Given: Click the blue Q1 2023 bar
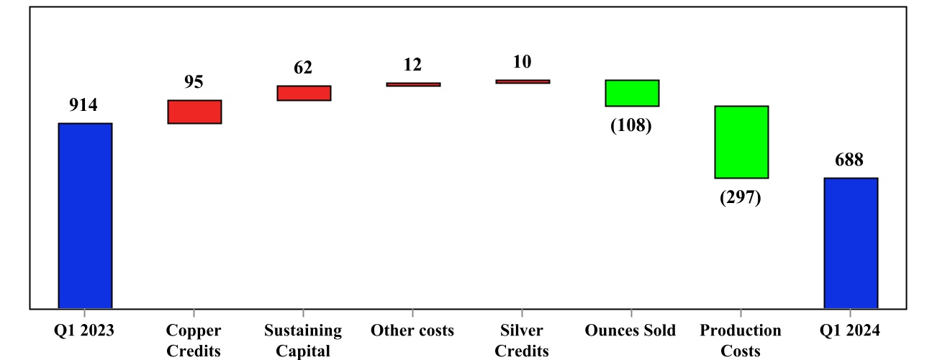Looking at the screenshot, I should [x=85, y=216].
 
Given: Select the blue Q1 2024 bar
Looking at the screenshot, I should [x=850, y=243].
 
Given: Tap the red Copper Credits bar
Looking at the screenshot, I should [x=194, y=112].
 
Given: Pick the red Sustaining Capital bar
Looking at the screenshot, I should [x=304, y=93].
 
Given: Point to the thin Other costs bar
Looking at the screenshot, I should [x=413, y=84].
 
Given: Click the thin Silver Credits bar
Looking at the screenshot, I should [x=523, y=81].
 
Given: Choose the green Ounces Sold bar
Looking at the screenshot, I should [x=632, y=93].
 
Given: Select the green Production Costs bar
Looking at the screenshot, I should [x=741, y=142].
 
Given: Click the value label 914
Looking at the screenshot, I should [x=83, y=105].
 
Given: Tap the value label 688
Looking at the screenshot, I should [x=849, y=160].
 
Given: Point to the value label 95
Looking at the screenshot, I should [x=194, y=82].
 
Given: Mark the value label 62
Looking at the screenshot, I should [x=303, y=68].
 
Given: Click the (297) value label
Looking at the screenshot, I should [x=741, y=198].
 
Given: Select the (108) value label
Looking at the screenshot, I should [x=631, y=126].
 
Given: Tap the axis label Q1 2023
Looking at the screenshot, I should [x=84, y=330].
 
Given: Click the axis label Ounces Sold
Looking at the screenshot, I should [x=630, y=330].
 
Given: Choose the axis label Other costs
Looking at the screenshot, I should [x=412, y=330].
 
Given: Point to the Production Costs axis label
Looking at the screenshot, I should [x=741, y=341].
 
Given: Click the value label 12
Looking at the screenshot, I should [x=412, y=65].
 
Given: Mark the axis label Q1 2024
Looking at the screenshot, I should [x=849, y=330].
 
